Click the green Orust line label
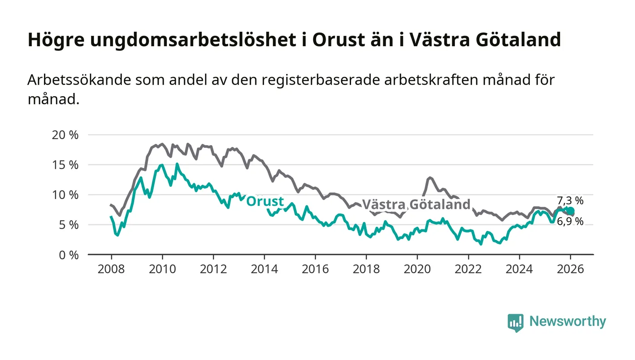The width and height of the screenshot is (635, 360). click(265, 201)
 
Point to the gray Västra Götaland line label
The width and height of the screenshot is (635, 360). click(416, 204)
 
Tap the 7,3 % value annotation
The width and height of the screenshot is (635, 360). click(570, 200)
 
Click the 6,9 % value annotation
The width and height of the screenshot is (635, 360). click(570, 222)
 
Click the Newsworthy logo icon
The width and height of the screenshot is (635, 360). click(515, 322)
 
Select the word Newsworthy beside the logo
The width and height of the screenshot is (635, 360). click(567, 321)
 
